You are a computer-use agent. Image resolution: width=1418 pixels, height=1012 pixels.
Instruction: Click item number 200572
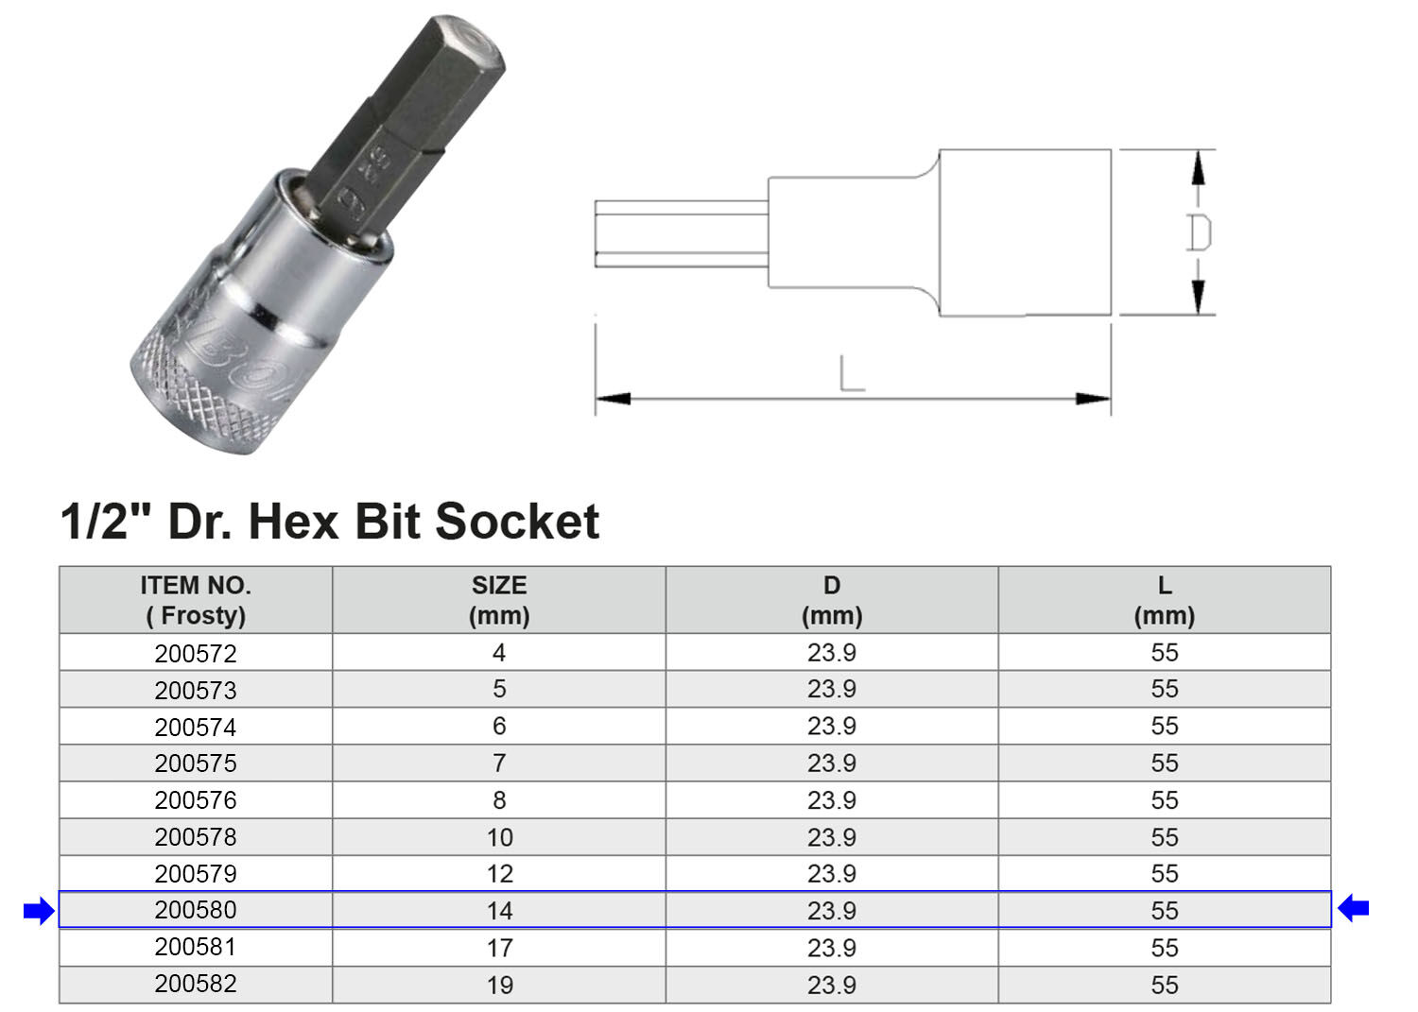click(196, 653)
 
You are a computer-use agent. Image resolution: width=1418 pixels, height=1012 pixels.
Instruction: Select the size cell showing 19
click(499, 985)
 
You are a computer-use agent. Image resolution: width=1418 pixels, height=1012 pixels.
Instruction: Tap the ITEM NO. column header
click(196, 600)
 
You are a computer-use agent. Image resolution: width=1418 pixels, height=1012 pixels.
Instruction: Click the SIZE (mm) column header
click(499, 600)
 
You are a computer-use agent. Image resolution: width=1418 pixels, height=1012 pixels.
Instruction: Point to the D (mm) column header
click(832, 600)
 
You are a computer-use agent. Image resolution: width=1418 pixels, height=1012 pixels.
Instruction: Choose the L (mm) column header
click(1164, 600)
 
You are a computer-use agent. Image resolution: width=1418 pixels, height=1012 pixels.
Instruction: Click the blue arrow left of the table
click(39, 910)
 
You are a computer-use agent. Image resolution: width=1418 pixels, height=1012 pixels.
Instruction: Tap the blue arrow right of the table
click(1354, 908)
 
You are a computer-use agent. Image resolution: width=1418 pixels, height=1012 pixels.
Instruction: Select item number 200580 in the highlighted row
click(196, 910)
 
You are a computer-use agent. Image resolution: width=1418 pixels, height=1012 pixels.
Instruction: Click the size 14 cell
click(499, 911)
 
